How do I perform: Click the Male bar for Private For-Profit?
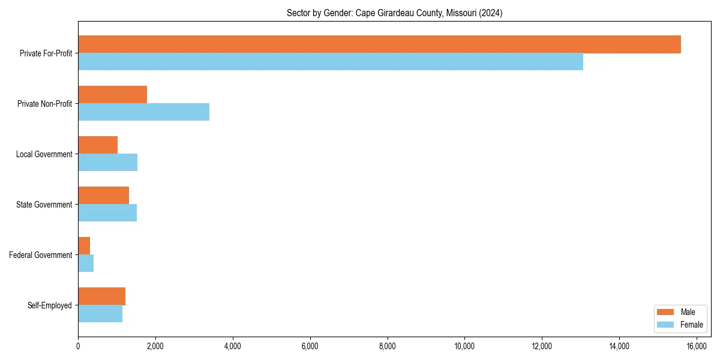(379, 44)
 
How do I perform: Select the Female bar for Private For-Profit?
(331, 62)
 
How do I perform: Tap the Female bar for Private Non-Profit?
(144, 112)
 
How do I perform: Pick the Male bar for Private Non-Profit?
(113, 95)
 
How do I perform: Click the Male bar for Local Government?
(98, 145)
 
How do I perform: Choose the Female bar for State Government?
(107, 213)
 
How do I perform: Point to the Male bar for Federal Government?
(84, 246)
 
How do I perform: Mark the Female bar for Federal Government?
(86, 263)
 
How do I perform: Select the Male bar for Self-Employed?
(102, 296)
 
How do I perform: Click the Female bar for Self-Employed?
(100, 314)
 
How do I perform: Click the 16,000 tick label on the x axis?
(696, 346)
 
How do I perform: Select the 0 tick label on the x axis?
(78, 346)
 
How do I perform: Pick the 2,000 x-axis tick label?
(155, 346)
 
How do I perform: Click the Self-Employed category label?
(50, 305)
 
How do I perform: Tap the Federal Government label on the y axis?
(41, 255)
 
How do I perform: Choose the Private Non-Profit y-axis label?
(44, 104)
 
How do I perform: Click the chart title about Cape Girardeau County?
(394, 13)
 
